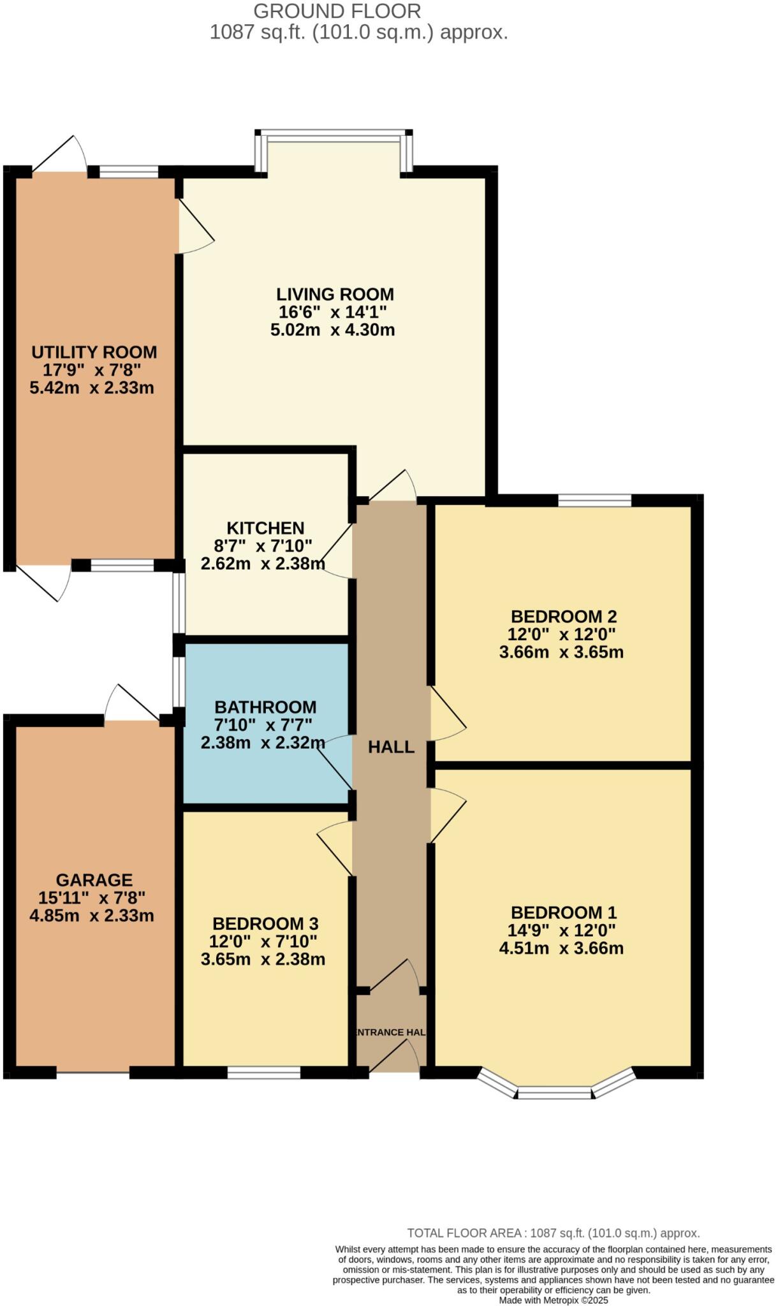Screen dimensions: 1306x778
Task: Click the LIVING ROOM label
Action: (335, 294)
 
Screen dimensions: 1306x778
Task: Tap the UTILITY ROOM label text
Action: (94, 352)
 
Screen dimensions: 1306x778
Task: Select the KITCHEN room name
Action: (265, 528)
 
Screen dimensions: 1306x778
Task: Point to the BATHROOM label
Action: (265, 707)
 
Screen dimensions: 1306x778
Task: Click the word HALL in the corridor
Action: (391, 747)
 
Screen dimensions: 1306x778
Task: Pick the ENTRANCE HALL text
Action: (390, 1032)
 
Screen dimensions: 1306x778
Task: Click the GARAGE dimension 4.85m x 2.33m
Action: (92, 916)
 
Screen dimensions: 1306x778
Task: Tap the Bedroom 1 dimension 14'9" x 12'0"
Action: (561, 930)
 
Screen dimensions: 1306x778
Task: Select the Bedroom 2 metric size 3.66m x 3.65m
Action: (561, 652)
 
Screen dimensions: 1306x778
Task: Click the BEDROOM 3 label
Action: (265, 923)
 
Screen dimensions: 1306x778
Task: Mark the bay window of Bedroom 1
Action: (555, 1092)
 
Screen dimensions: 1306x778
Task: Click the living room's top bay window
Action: (333, 135)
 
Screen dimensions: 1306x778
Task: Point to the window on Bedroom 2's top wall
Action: (594, 500)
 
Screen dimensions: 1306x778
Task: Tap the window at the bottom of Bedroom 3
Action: (264, 1073)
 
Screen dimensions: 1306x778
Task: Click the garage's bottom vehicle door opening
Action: (93, 1073)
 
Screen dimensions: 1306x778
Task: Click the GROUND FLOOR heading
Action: (337, 11)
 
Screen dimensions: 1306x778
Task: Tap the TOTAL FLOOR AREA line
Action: (553, 1233)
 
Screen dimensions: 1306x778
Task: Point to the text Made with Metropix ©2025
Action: (553, 1300)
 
